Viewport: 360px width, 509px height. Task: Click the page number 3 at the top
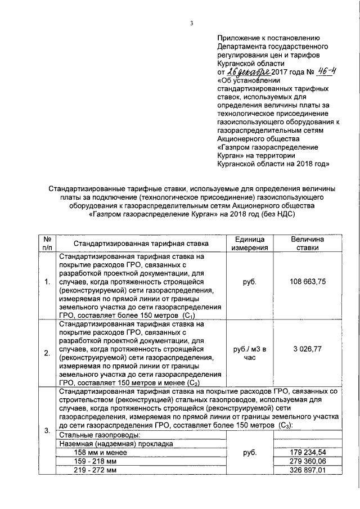(x=192, y=23)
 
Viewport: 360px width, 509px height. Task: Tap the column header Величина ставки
(x=307, y=244)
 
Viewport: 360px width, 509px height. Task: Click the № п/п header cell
(x=47, y=244)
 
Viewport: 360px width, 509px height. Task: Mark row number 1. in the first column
(x=47, y=282)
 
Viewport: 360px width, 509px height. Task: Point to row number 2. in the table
(x=47, y=353)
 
